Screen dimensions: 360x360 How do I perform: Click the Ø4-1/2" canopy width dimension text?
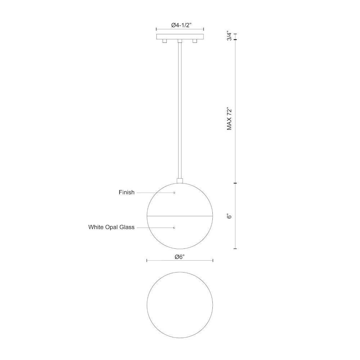click(x=180, y=25)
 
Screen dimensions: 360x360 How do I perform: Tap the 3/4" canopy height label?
click(x=229, y=36)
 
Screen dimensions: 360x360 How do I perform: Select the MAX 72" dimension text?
click(x=229, y=118)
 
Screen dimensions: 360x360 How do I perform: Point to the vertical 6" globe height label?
click(x=229, y=216)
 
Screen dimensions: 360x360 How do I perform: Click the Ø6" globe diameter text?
click(x=180, y=257)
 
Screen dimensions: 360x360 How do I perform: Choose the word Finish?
click(x=126, y=192)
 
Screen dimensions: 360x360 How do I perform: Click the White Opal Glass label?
click(x=111, y=227)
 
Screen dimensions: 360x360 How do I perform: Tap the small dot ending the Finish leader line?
click(x=174, y=193)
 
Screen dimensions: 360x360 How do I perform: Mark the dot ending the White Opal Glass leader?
click(x=174, y=228)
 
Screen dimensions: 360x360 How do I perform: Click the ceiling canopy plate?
click(x=180, y=36)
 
